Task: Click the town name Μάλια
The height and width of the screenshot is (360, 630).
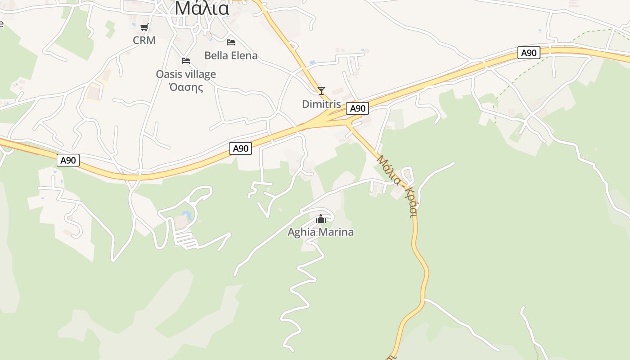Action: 202,8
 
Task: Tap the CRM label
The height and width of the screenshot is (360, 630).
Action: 144,40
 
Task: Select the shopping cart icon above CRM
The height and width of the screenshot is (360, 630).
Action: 144,27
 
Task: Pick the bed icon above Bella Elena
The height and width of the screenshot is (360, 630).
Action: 231,42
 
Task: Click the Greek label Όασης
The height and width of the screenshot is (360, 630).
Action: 186,87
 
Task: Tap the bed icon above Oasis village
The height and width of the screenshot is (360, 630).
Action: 186,60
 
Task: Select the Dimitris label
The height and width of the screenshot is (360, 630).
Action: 321,104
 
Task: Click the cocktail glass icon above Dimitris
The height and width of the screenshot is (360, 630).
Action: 321,91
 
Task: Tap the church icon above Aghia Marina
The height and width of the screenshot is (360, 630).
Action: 321,219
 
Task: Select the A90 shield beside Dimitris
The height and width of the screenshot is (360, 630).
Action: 357,108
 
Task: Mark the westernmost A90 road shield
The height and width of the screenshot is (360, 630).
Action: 68,160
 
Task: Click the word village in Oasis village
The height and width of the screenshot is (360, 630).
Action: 199,74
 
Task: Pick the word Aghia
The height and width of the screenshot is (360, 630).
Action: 302,232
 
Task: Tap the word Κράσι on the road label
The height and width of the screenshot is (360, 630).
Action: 410,202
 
